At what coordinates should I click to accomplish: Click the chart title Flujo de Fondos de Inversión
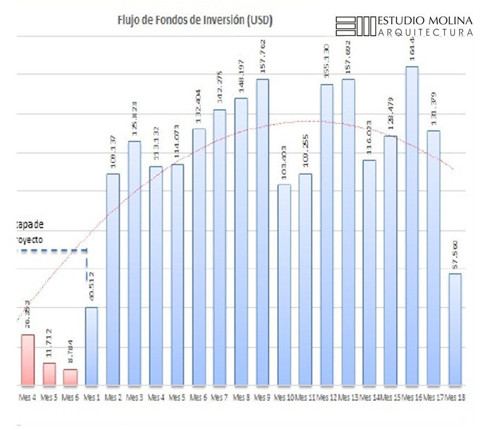195,21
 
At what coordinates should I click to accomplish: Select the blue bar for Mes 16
412,225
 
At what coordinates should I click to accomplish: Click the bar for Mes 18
455,329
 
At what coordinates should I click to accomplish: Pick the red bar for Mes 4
28,359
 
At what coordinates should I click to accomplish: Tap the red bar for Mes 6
70,377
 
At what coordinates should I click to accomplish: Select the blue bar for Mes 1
92,346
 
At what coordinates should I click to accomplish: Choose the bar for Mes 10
284,284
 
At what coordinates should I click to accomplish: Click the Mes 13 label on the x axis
348,397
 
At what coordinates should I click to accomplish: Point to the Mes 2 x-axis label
113,397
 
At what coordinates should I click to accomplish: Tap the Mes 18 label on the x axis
455,397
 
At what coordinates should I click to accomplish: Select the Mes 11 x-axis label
305,397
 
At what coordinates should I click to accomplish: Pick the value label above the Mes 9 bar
262,56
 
